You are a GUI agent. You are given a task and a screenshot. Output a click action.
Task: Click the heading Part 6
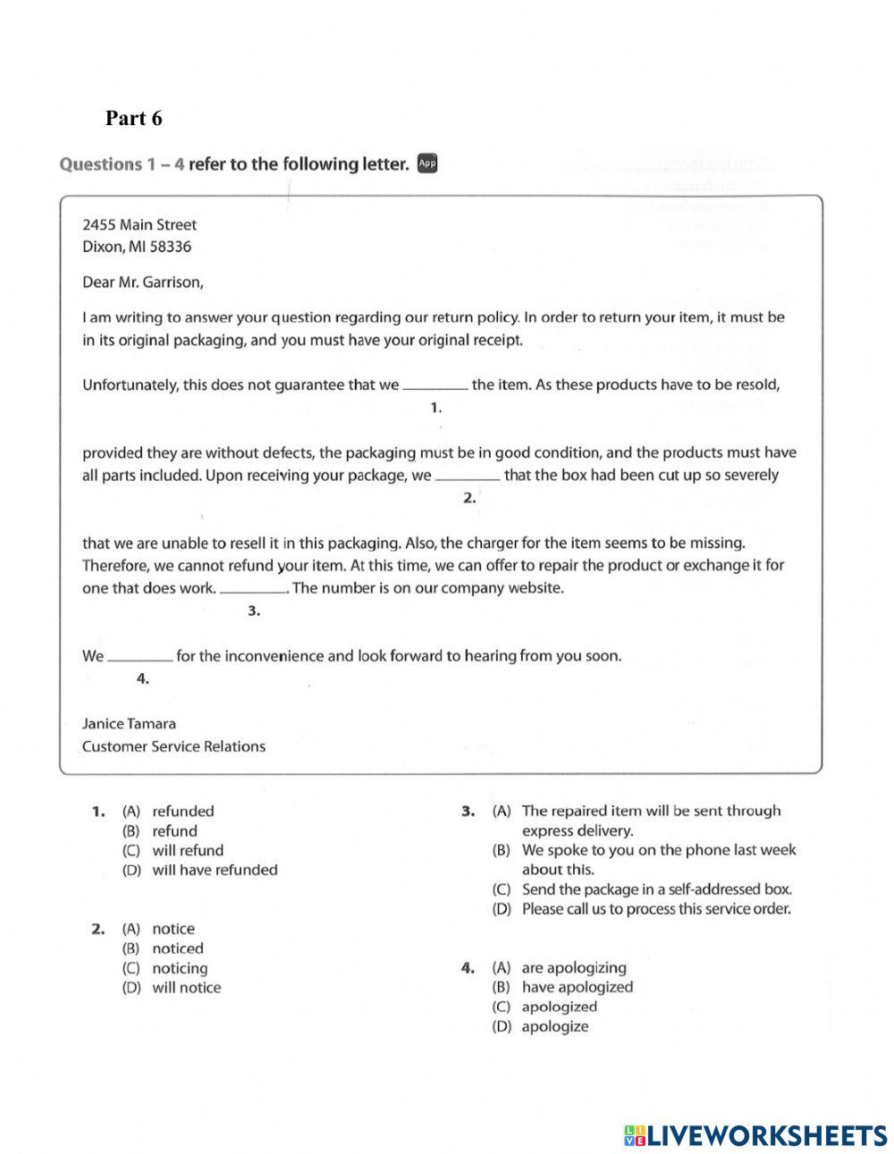133,118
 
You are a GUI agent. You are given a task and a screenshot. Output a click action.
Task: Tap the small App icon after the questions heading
427,164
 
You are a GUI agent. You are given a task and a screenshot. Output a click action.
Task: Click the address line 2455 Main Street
139,224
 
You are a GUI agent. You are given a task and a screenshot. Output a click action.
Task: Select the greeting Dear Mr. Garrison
142,282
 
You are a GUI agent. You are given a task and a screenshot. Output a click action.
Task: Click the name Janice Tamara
129,723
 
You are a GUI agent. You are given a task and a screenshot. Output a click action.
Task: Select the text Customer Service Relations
173,746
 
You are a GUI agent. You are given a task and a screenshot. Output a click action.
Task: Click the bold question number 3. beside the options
467,811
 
